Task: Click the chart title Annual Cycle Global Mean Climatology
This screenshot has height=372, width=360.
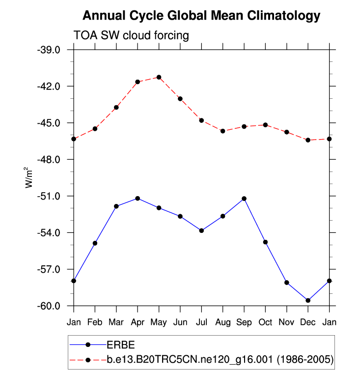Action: click(201, 16)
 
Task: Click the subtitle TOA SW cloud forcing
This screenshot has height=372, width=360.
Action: click(131, 35)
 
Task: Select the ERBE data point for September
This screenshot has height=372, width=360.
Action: click(244, 199)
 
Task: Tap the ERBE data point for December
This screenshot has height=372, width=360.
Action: click(308, 300)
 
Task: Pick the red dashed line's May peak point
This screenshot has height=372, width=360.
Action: click(159, 77)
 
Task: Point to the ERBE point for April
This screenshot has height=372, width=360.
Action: click(138, 199)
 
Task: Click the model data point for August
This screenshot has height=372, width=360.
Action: click(222, 131)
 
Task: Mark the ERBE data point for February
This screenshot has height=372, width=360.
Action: click(95, 243)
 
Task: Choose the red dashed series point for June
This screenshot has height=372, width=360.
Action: click(180, 99)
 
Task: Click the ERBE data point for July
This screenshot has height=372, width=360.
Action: click(201, 230)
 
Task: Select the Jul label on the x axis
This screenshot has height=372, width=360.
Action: click(201, 322)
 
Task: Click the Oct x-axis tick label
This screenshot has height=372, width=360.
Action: click(265, 322)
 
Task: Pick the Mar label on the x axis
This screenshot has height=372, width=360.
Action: click(116, 322)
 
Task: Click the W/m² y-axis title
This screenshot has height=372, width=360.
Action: click(29, 177)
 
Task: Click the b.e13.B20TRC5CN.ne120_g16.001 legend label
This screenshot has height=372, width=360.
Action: click(220, 360)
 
